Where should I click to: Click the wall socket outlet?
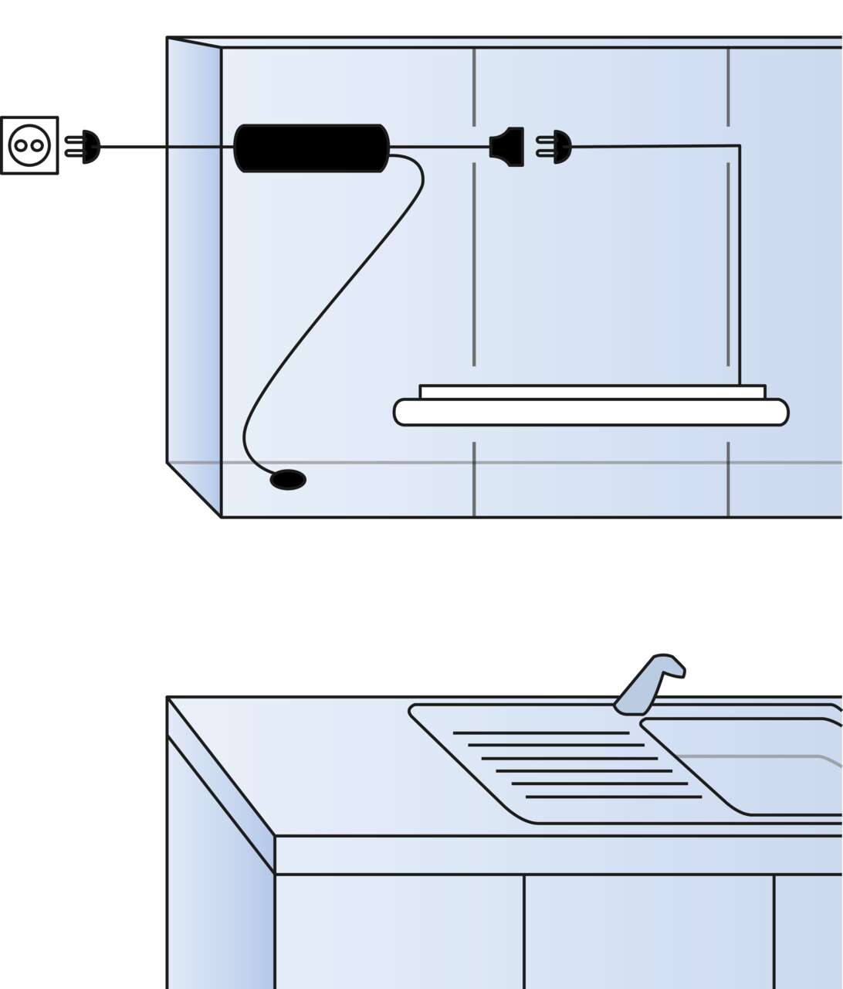coord(29,145)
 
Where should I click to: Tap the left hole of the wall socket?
coord(22,145)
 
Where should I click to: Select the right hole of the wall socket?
coord(37,145)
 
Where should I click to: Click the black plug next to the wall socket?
coord(90,147)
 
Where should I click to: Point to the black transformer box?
coord(311,148)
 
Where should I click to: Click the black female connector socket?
coord(510,147)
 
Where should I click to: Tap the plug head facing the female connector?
coord(561,147)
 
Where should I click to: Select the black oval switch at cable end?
coord(288,480)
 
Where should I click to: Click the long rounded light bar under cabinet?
coord(591,413)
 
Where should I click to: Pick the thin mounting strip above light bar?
coord(592,392)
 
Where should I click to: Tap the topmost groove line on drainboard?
coord(540,732)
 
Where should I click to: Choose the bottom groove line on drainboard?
coord(614,797)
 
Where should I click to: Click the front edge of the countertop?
coord(556,855)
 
